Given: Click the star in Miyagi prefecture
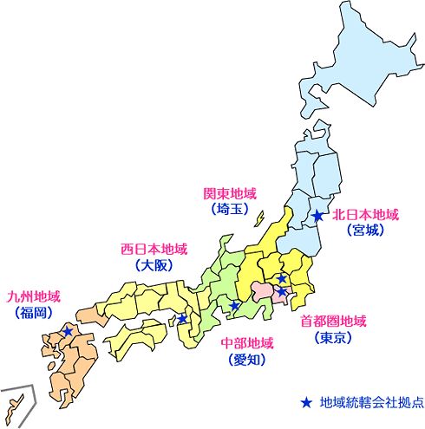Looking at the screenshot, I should pyautogui.click(x=318, y=215).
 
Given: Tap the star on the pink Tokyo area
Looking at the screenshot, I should pyautogui.click(x=282, y=291).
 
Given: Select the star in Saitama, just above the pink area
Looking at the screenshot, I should pyautogui.click(x=282, y=278).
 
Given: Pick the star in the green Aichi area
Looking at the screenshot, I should pyautogui.click(x=234, y=306).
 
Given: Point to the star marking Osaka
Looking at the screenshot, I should pyautogui.click(x=182, y=319).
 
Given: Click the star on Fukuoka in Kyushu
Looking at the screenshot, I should pyautogui.click(x=68, y=330).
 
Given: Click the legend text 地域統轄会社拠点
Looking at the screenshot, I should pyautogui.click(x=370, y=402).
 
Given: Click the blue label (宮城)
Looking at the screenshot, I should pyautogui.click(x=365, y=231).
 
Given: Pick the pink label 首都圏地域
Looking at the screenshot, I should pyautogui.click(x=334, y=321).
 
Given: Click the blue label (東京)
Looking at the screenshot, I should pyautogui.click(x=334, y=337).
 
